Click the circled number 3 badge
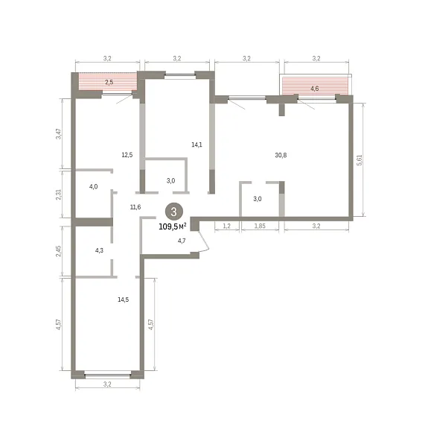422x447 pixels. click(173, 212)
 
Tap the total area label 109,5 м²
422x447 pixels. click(173, 226)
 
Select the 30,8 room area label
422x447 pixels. click(281, 155)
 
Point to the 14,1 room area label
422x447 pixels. click(196, 145)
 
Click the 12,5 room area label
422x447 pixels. click(127, 155)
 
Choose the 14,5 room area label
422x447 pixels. click(124, 299)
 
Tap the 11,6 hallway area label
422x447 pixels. click(135, 207)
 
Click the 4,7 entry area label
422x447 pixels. click(182, 241)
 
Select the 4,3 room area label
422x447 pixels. click(99, 250)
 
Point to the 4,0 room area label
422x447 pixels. click(93, 186)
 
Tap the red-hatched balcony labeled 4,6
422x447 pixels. click(316, 86)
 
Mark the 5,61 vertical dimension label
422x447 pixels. click(360, 160)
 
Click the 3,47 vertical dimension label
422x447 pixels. click(58, 133)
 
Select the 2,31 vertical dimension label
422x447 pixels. click(58, 194)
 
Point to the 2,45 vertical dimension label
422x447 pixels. click(58, 251)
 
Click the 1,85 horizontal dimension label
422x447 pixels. click(260, 226)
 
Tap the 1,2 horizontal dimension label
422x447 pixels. click(227, 226)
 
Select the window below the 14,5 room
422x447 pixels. click(108, 375)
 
